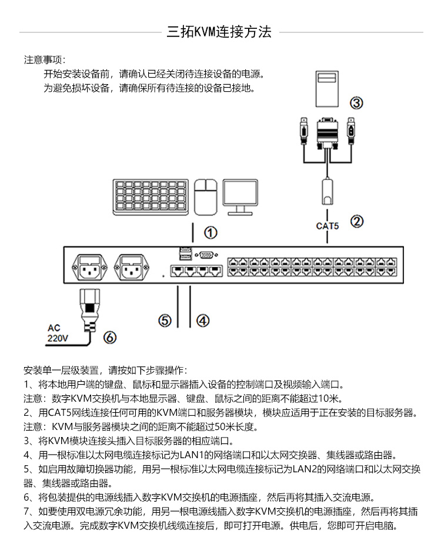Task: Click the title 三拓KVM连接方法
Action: click(x=219, y=32)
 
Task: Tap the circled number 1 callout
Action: click(x=211, y=232)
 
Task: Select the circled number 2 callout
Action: click(x=357, y=221)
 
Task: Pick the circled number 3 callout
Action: click(x=356, y=104)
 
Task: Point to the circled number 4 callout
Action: click(x=202, y=321)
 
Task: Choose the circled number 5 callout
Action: click(x=165, y=321)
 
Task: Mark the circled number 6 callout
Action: click(x=110, y=337)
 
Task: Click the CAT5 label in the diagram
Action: click(x=328, y=225)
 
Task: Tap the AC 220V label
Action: click(x=58, y=333)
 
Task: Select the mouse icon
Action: click(x=205, y=196)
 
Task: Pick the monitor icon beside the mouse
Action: click(x=240, y=196)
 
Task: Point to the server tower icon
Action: click(x=326, y=89)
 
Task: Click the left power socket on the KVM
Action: click(x=89, y=268)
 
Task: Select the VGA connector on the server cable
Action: click(x=327, y=134)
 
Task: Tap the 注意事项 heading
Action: click(x=45, y=60)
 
